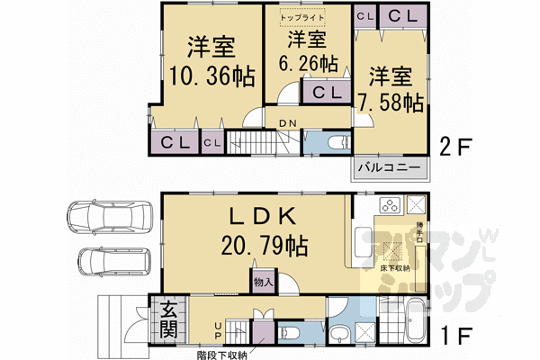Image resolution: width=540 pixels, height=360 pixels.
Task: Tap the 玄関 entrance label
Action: [169, 318]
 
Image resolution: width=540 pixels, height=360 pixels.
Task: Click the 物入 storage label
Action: [263, 281]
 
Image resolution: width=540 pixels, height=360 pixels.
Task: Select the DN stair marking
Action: [288, 122]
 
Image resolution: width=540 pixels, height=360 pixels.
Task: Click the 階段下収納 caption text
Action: [222, 354]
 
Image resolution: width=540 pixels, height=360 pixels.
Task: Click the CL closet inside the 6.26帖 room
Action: [325, 92]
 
